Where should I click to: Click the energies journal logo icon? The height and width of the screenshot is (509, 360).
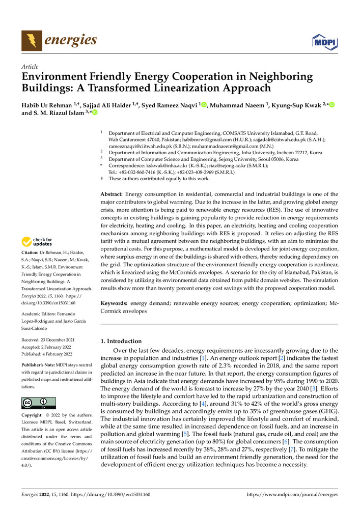click(x=32, y=41)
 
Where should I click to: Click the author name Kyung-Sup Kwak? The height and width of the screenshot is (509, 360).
click(x=293, y=105)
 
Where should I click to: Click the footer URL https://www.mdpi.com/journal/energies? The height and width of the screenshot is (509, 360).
click(x=293, y=494)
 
